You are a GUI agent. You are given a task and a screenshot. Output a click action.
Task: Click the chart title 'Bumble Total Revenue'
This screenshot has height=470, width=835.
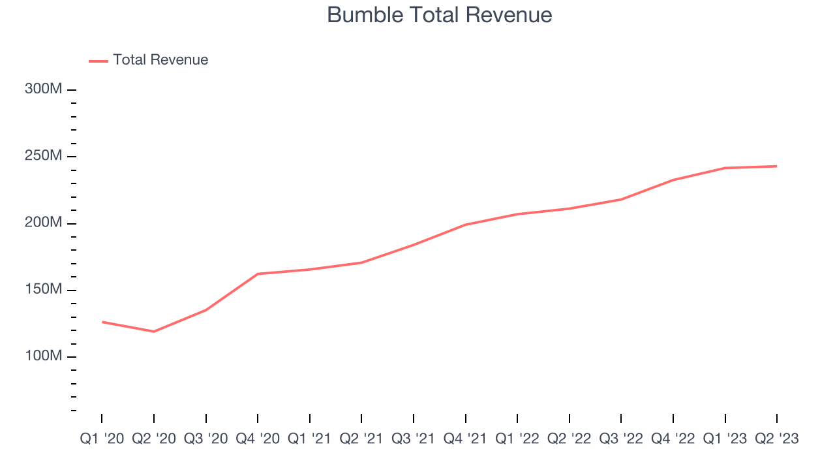coord(439,15)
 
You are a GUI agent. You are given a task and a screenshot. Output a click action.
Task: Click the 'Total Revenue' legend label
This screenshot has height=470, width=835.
coord(160,60)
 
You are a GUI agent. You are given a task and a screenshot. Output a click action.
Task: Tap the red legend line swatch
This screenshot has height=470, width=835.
coord(99,61)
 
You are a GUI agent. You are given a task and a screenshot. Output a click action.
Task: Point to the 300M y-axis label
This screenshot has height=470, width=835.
coord(44,89)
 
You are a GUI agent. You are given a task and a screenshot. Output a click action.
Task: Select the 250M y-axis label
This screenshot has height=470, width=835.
coord(44,156)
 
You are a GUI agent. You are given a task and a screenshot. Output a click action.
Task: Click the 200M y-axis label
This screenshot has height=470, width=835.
coord(44,223)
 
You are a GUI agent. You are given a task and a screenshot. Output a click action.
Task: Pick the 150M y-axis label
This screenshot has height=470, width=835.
coord(44,290)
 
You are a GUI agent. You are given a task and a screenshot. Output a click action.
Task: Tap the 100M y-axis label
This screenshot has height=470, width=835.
coord(44,356)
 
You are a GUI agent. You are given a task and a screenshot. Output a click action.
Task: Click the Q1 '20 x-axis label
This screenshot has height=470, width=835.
coord(102,439)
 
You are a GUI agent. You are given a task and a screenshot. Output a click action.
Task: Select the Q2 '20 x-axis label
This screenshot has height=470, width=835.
coord(154,439)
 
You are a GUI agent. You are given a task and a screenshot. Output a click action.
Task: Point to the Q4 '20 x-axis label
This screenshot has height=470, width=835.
coord(258,439)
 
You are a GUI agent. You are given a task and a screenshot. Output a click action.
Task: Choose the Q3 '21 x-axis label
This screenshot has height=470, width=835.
coord(414,439)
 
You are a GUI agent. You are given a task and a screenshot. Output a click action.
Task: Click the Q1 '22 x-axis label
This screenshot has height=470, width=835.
coord(517,439)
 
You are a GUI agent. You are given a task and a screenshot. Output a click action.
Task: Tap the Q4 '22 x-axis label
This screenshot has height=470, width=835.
coord(673,439)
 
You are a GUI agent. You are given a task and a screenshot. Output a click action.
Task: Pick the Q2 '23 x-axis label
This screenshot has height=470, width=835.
coord(776,439)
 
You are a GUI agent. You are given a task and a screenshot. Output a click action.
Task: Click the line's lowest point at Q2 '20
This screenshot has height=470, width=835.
coord(154,332)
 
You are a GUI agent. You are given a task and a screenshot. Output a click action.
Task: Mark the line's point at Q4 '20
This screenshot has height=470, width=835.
coord(258,274)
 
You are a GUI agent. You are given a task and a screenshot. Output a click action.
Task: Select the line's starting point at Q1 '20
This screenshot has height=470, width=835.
coord(102,322)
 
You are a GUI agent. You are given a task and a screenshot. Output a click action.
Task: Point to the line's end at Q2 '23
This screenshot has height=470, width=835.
coord(776,166)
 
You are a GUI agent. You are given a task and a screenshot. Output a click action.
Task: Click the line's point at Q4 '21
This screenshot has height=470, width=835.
coord(465,225)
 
